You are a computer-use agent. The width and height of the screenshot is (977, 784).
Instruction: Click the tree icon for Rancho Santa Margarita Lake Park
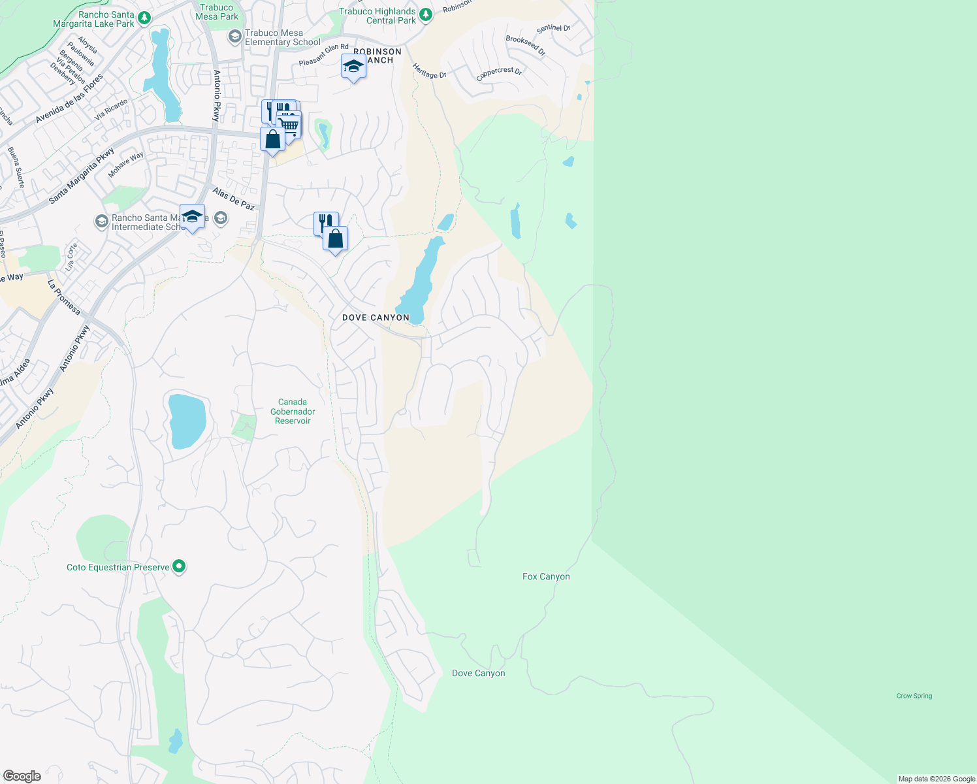tap(144, 18)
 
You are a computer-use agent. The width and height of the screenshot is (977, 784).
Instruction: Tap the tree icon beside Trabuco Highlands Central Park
tap(426, 15)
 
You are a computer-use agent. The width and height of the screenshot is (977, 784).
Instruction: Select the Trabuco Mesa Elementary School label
tap(282, 38)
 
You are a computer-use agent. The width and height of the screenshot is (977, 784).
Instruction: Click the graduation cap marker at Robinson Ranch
tap(353, 67)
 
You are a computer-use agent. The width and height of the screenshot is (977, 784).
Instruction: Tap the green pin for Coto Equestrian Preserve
tap(179, 566)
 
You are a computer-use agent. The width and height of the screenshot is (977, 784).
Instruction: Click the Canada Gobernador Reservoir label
tap(293, 412)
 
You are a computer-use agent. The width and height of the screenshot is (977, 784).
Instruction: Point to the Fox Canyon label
tap(546, 576)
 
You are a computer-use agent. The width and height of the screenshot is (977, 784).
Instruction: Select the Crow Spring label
tap(914, 696)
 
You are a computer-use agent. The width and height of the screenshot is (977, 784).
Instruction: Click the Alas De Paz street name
tap(234, 199)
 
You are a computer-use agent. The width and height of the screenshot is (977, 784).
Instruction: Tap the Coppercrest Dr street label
tap(499, 74)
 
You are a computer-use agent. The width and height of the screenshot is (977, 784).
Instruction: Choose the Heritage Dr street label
tap(429, 71)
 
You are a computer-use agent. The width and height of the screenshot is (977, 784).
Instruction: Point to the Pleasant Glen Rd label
tap(323, 55)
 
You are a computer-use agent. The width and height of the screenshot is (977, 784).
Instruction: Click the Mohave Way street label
tap(125, 165)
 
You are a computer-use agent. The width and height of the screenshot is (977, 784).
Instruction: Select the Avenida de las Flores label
tap(69, 99)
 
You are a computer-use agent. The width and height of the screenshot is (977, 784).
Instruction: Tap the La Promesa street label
tap(63, 297)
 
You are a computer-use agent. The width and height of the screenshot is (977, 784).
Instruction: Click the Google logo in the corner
tap(22, 776)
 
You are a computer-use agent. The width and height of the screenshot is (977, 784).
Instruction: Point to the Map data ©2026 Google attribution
tap(937, 779)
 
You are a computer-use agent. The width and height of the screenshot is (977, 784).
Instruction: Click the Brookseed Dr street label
tap(525, 46)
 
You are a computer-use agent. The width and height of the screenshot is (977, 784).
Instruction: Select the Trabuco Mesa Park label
tap(216, 12)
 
